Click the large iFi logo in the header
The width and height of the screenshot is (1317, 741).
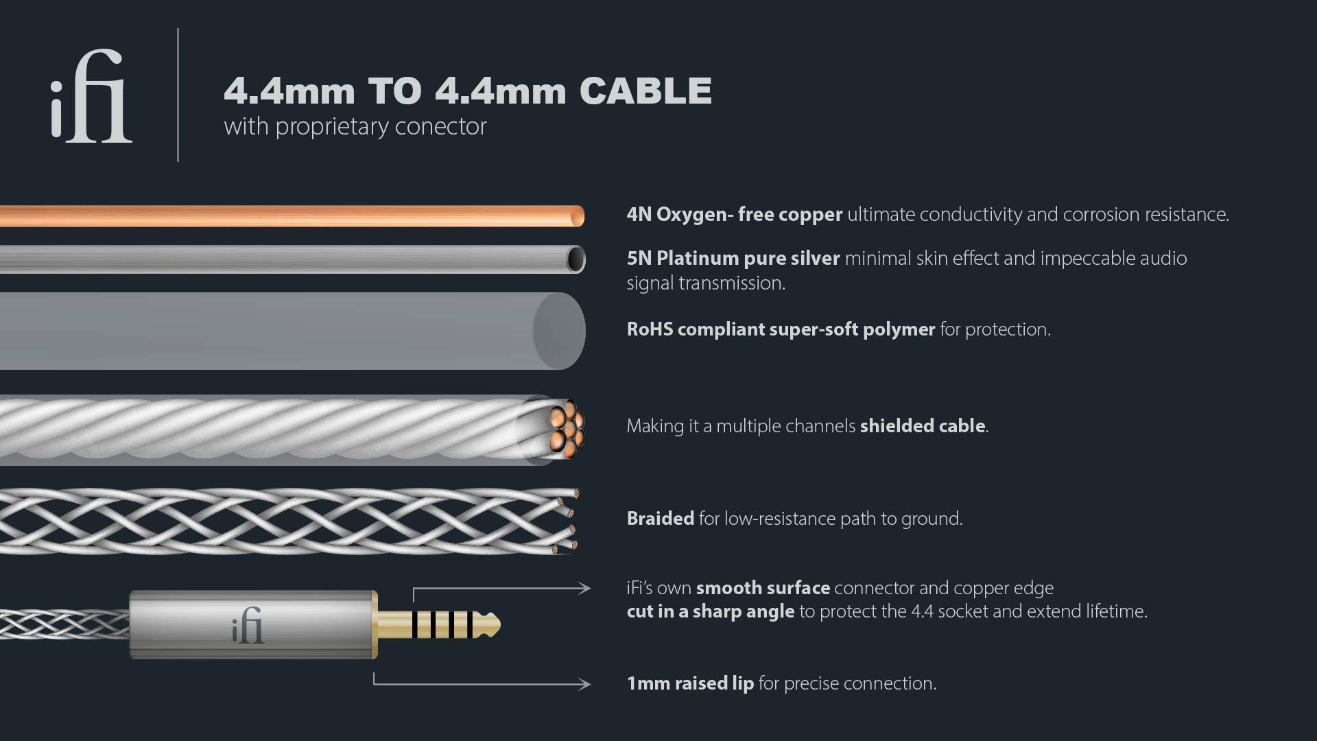pos(91,96)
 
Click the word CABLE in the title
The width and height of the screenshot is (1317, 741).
pos(645,91)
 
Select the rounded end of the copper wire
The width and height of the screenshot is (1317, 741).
pos(577,216)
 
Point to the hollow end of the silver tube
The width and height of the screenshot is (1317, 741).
pos(575,259)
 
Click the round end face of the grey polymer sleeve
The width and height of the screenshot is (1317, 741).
pos(559,331)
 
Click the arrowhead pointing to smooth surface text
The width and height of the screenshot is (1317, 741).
pos(584,588)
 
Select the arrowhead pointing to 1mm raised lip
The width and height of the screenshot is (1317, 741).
pos(584,684)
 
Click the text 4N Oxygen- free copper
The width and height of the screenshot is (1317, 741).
pos(734,215)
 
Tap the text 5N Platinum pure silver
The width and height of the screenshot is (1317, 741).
pos(733,259)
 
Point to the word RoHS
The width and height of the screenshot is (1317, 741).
pos(649,329)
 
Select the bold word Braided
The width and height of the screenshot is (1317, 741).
pos(660,519)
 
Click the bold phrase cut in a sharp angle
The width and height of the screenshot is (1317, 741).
pos(710,611)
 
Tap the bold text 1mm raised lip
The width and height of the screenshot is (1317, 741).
pos(689,683)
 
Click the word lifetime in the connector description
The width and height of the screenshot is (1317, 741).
pos(1115,611)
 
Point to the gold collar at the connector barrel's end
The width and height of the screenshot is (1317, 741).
pos(375,624)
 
